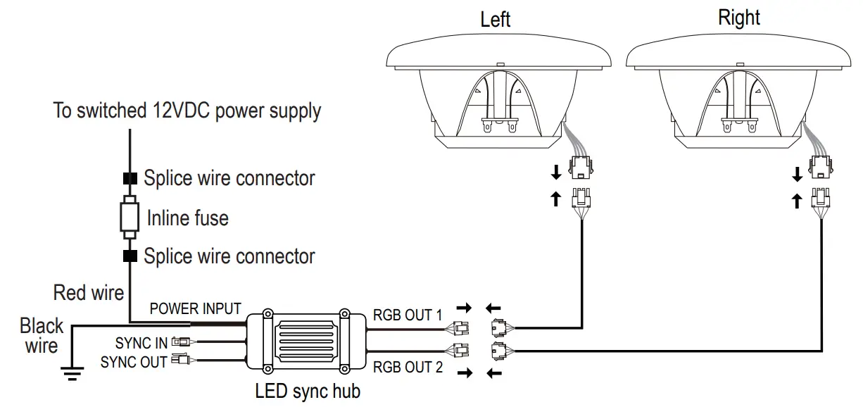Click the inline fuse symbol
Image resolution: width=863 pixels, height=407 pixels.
130,218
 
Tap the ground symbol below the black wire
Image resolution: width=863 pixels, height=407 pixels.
72,373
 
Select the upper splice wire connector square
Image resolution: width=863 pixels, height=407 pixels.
130,178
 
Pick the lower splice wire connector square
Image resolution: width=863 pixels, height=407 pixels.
130,256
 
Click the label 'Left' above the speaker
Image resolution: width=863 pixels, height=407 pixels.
495,19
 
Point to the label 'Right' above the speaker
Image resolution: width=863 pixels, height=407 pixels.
739,18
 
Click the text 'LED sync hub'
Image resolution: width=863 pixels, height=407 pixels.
308,391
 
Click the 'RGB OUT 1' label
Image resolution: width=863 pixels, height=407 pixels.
408,315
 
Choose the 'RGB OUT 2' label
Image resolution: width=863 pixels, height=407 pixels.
408,367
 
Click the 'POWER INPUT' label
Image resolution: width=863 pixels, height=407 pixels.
195,308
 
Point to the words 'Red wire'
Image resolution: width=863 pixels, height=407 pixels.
89,292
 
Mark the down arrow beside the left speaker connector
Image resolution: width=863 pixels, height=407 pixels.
556,173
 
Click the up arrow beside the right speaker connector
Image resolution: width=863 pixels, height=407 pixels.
797,201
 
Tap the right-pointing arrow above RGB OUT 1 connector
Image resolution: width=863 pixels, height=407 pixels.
465,308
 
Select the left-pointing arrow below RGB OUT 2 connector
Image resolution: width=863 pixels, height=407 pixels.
494,373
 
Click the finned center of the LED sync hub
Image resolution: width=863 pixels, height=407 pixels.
306,342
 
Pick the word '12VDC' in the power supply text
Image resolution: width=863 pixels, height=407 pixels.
181,111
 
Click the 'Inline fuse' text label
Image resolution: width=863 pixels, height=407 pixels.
188,218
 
